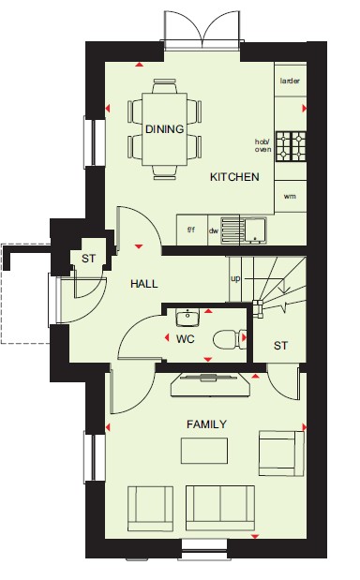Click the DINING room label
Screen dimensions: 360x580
[165, 129]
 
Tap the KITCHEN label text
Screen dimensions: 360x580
[234, 177]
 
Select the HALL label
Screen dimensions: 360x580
[144, 284]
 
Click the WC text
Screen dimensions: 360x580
[186, 339]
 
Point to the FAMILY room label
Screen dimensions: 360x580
[206, 424]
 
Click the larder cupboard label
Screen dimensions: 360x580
[290, 81]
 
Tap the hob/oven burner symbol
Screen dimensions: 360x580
[291, 146]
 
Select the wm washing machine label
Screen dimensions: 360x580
[290, 197]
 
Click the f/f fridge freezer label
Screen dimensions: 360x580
[191, 231]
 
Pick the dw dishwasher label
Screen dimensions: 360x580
[214, 231]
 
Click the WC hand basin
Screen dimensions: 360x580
[187, 317]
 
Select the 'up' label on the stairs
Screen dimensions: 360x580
[235, 279]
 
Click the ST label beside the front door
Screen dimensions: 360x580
[88, 259]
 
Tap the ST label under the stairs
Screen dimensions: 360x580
[280, 346]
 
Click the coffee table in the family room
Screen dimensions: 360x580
[204, 451]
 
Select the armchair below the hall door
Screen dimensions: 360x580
[150, 509]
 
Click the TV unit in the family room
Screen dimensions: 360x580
[211, 385]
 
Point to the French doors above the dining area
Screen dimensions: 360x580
[202, 30]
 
